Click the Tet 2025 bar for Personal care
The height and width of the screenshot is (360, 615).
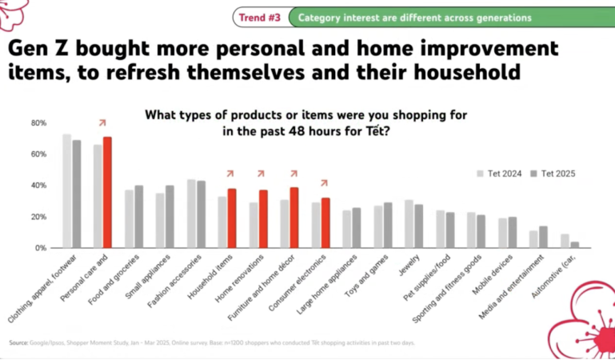coord(107,193)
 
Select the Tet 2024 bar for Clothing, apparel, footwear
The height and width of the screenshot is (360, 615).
coord(67,191)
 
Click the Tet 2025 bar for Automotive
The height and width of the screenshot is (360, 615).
coord(575,245)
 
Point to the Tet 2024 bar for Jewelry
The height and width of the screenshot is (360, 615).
coord(409,224)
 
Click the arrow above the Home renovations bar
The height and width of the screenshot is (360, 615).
coord(261,174)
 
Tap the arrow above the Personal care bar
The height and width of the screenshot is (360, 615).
coord(102,122)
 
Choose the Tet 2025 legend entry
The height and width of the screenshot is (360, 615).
coord(553,173)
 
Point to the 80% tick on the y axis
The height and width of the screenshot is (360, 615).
coord(39,123)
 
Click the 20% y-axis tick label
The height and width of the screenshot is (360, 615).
coord(39,217)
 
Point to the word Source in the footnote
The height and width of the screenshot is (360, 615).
coord(19,344)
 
